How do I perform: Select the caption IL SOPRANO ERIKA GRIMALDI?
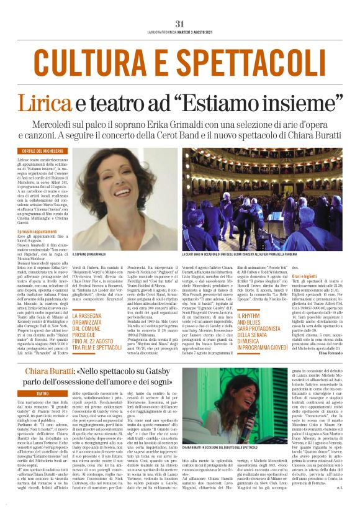[95, 254]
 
